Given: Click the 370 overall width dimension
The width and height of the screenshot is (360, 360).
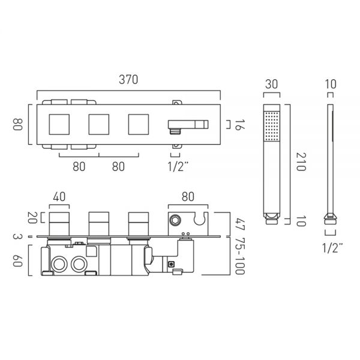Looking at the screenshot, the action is (x=128, y=80).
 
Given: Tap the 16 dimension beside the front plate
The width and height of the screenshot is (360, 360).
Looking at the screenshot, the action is (x=239, y=125).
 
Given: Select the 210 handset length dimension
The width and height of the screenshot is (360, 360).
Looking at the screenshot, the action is (x=301, y=162).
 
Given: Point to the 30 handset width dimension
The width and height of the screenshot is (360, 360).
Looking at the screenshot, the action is (x=271, y=84).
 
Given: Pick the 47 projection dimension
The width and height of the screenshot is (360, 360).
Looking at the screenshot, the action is (x=240, y=225).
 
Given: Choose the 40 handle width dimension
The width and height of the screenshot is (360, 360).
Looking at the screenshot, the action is (x=59, y=197).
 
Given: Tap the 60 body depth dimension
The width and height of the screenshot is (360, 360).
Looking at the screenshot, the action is (x=17, y=261).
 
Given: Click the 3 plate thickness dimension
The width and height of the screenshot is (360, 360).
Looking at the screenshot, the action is (x=17, y=236).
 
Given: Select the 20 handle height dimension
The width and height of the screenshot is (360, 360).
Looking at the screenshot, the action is (x=32, y=218).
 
